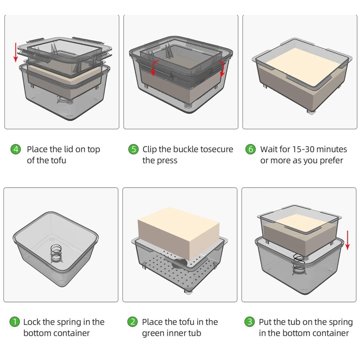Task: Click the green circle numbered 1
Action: pyautogui.click(x=15, y=322)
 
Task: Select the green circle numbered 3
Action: pyautogui.click(x=250, y=322)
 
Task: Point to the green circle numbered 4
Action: pyautogui.click(x=16, y=149)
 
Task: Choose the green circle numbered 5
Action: pyautogui.click(x=133, y=149)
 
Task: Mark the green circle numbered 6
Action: pyautogui.click(x=251, y=149)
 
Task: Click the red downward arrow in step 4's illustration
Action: pyautogui.click(x=15, y=52)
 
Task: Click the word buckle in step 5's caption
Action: pyautogui.click(x=186, y=149)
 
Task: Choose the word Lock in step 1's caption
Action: pyautogui.click(x=32, y=322)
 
